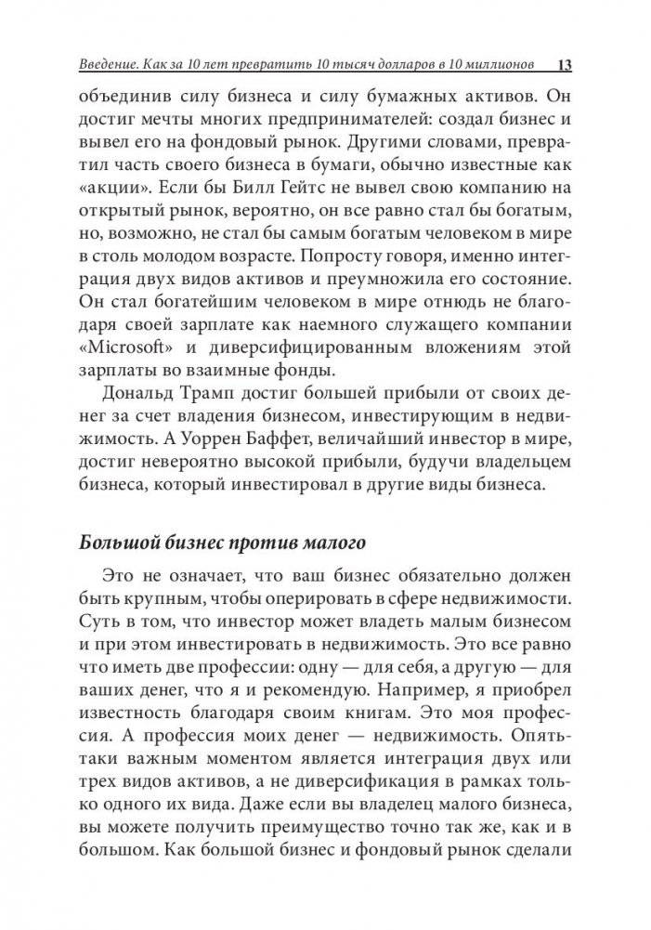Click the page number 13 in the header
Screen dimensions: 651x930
565,65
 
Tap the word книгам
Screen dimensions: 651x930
408,719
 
